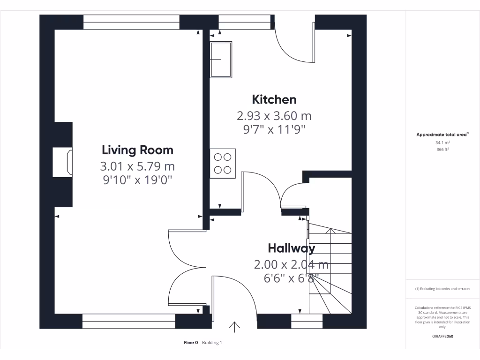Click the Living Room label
137,150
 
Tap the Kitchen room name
274,99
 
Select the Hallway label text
291,248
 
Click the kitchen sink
221,59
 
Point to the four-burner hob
223,163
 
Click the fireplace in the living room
63,163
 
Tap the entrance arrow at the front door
234,326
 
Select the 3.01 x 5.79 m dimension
137,166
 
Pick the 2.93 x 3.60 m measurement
274,115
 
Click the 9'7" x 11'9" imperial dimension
274,129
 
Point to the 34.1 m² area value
442,142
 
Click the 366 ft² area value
442,150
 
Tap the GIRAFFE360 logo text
442,336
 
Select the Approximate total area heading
442,135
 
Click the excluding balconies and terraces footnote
442,289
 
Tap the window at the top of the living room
131,22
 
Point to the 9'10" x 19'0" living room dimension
137,180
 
